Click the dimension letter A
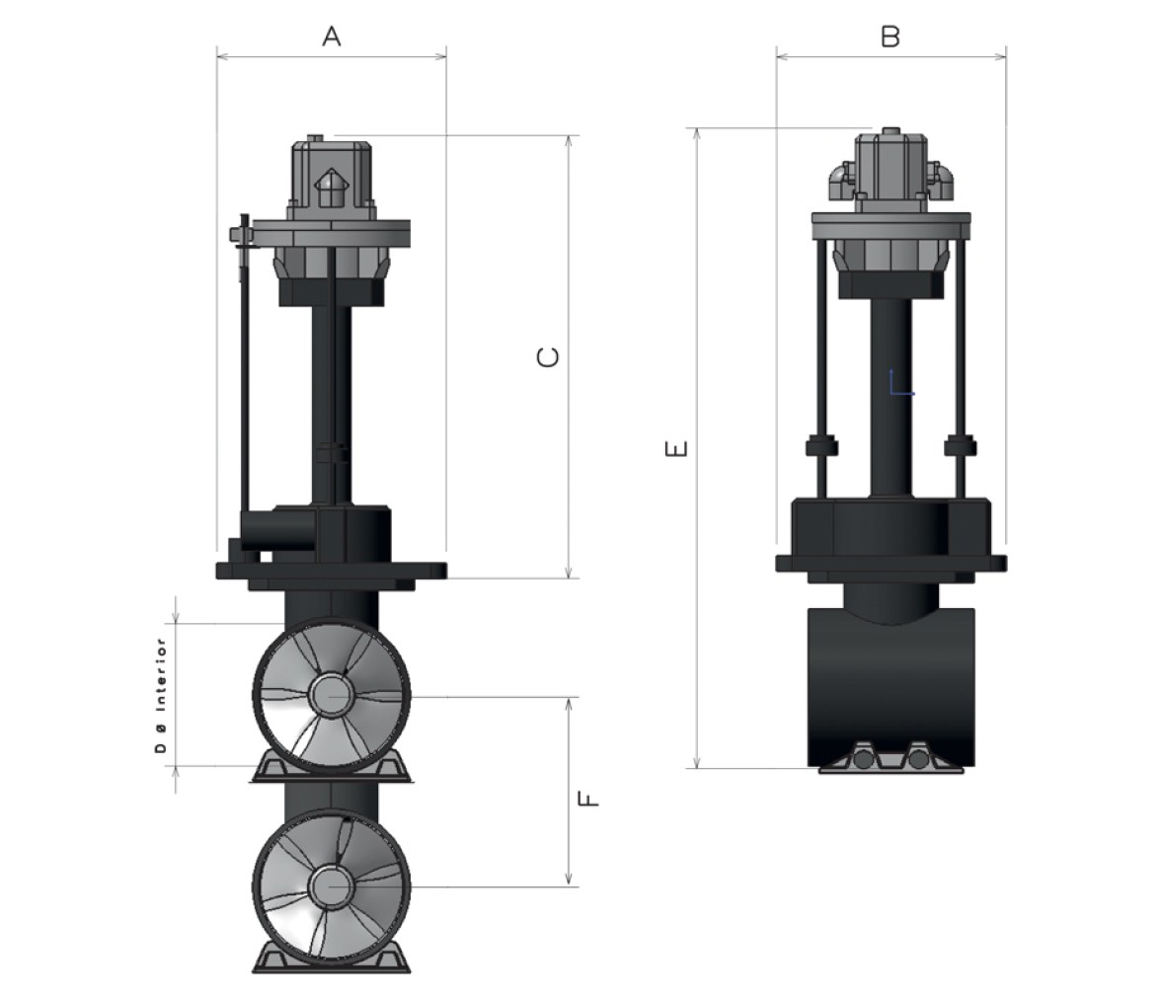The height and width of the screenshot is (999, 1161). [x=332, y=36]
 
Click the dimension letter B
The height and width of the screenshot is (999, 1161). [x=890, y=36]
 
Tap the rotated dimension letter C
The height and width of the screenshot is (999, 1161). [x=548, y=357]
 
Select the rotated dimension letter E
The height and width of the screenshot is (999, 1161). [x=677, y=449]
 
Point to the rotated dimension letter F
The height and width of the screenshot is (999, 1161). [x=588, y=799]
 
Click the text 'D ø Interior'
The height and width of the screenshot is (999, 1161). [x=161, y=695]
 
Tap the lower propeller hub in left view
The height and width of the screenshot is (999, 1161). [x=330, y=885]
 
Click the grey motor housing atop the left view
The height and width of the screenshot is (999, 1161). [x=330, y=178]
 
